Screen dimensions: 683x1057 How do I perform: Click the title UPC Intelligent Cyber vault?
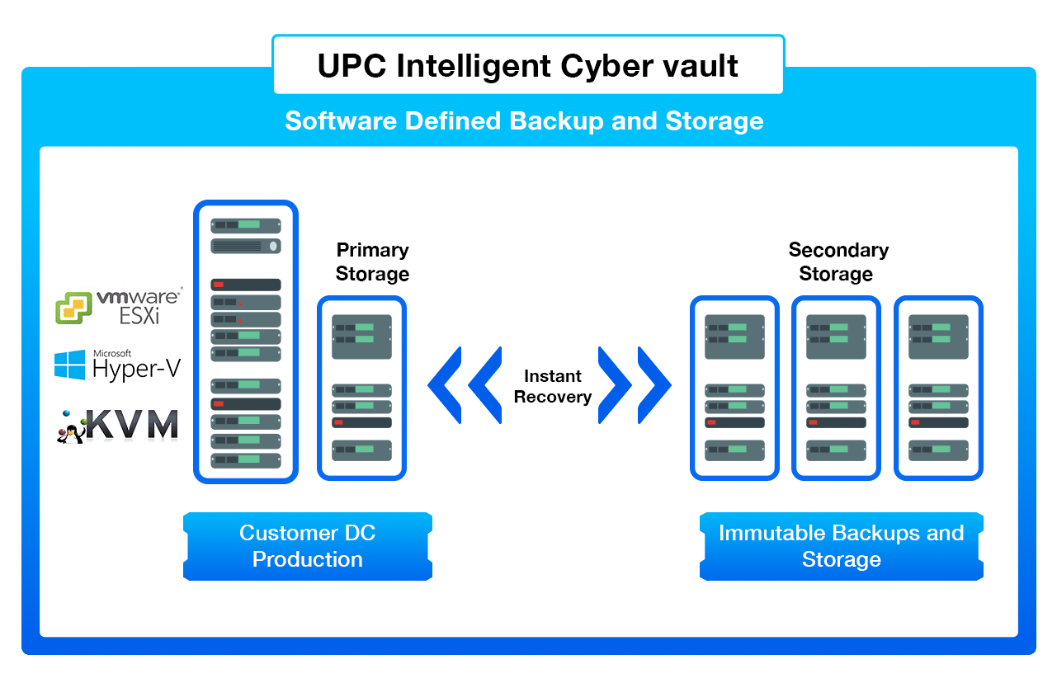(528, 65)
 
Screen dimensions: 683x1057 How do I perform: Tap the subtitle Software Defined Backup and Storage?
(524, 121)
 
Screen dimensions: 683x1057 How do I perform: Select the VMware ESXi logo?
(119, 305)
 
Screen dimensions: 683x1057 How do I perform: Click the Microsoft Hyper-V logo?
(117, 365)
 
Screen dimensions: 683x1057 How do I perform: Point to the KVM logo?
(117, 425)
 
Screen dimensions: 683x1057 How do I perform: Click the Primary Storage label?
(372, 261)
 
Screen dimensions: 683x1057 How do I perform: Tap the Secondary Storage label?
(838, 261)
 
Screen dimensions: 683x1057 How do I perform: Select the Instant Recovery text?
(552, 386)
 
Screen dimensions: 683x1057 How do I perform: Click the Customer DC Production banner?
(307, 546)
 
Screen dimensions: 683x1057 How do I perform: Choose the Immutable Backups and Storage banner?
(841, 546)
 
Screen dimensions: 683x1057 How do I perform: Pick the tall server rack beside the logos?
(246, 341)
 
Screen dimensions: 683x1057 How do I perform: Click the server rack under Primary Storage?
(361, 388)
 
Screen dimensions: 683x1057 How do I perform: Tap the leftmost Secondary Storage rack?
(734, 388)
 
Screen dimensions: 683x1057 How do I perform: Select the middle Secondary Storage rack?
(836, 388)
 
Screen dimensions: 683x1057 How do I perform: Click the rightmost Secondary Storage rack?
(938, 388)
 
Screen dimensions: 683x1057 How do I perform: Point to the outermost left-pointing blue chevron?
(446, 385)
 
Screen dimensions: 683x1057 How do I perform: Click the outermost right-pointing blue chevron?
(655, 385)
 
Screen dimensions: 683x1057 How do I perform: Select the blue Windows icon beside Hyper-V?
(70, 365)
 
